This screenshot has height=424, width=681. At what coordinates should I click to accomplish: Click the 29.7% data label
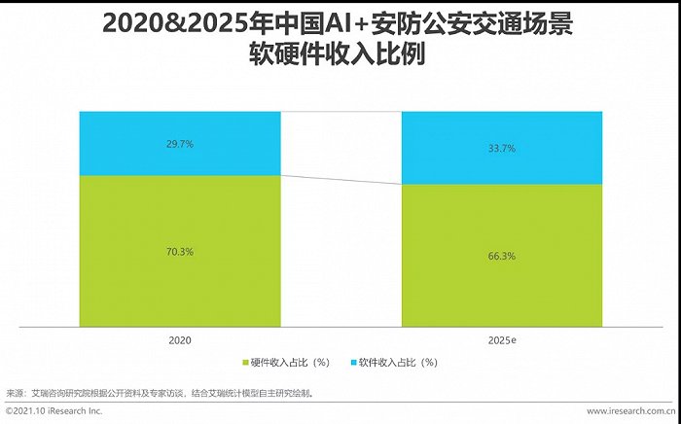click(x=180, y=144)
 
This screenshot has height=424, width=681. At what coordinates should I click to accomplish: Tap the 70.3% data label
click(x=180, y=252)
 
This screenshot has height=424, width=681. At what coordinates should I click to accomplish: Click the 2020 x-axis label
click(x=180, y=340)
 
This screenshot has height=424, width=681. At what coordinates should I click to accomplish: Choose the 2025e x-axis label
click(x=503, y=340)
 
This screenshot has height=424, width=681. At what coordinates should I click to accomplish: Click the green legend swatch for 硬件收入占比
click(x=244, y=363)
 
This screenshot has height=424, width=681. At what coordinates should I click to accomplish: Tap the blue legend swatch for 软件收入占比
click(x=351, y=363)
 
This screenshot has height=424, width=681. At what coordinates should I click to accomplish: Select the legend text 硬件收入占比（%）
click(x=290, y=363)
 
